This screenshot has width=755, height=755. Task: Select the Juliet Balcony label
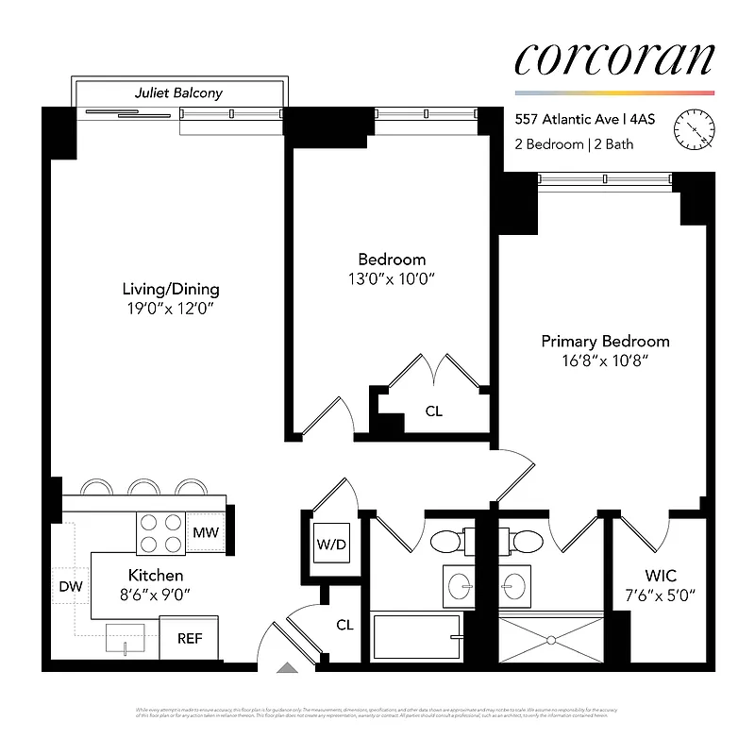[178, 93]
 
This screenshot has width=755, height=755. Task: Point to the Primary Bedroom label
[605, 342]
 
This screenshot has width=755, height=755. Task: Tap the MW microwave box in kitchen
[206, 533]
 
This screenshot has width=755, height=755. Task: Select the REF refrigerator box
[189, 638]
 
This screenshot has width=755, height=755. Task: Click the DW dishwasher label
[71, 587]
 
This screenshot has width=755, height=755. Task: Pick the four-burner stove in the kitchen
[161, 533]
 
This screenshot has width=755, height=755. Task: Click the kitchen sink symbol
[126, 638]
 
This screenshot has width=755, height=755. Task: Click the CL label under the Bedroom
[433, 411]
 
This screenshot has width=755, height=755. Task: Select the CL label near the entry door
[345, 624]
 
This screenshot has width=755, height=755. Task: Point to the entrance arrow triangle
[287, 668]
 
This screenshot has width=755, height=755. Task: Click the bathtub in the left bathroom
[415, 638]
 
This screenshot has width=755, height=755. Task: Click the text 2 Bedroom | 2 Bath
[574, 144]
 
